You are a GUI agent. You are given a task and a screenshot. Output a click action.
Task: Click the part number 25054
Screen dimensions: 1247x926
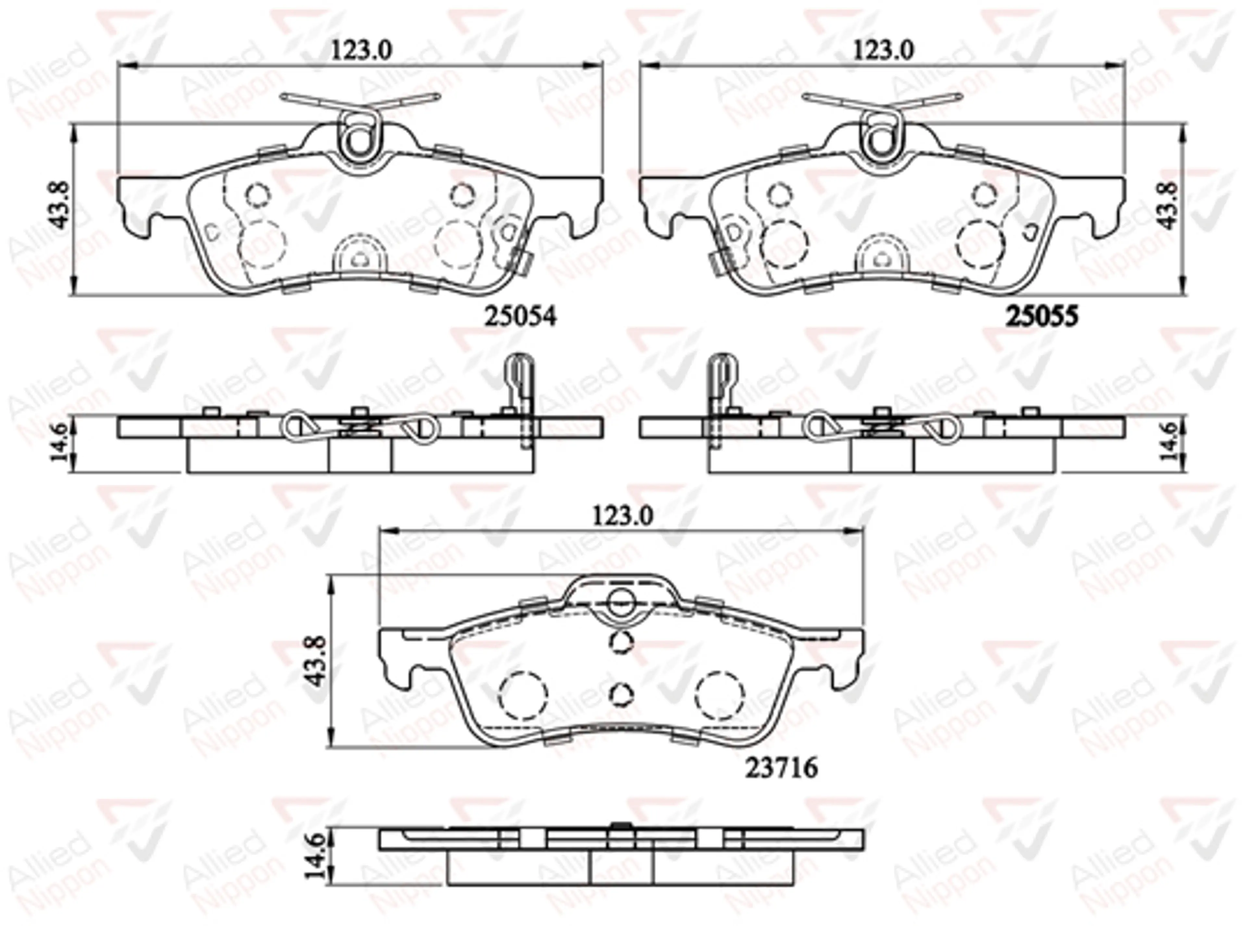(x=520, y=317)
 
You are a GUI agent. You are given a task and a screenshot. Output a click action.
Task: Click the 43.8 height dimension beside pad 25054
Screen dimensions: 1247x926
(x=60, y=204)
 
